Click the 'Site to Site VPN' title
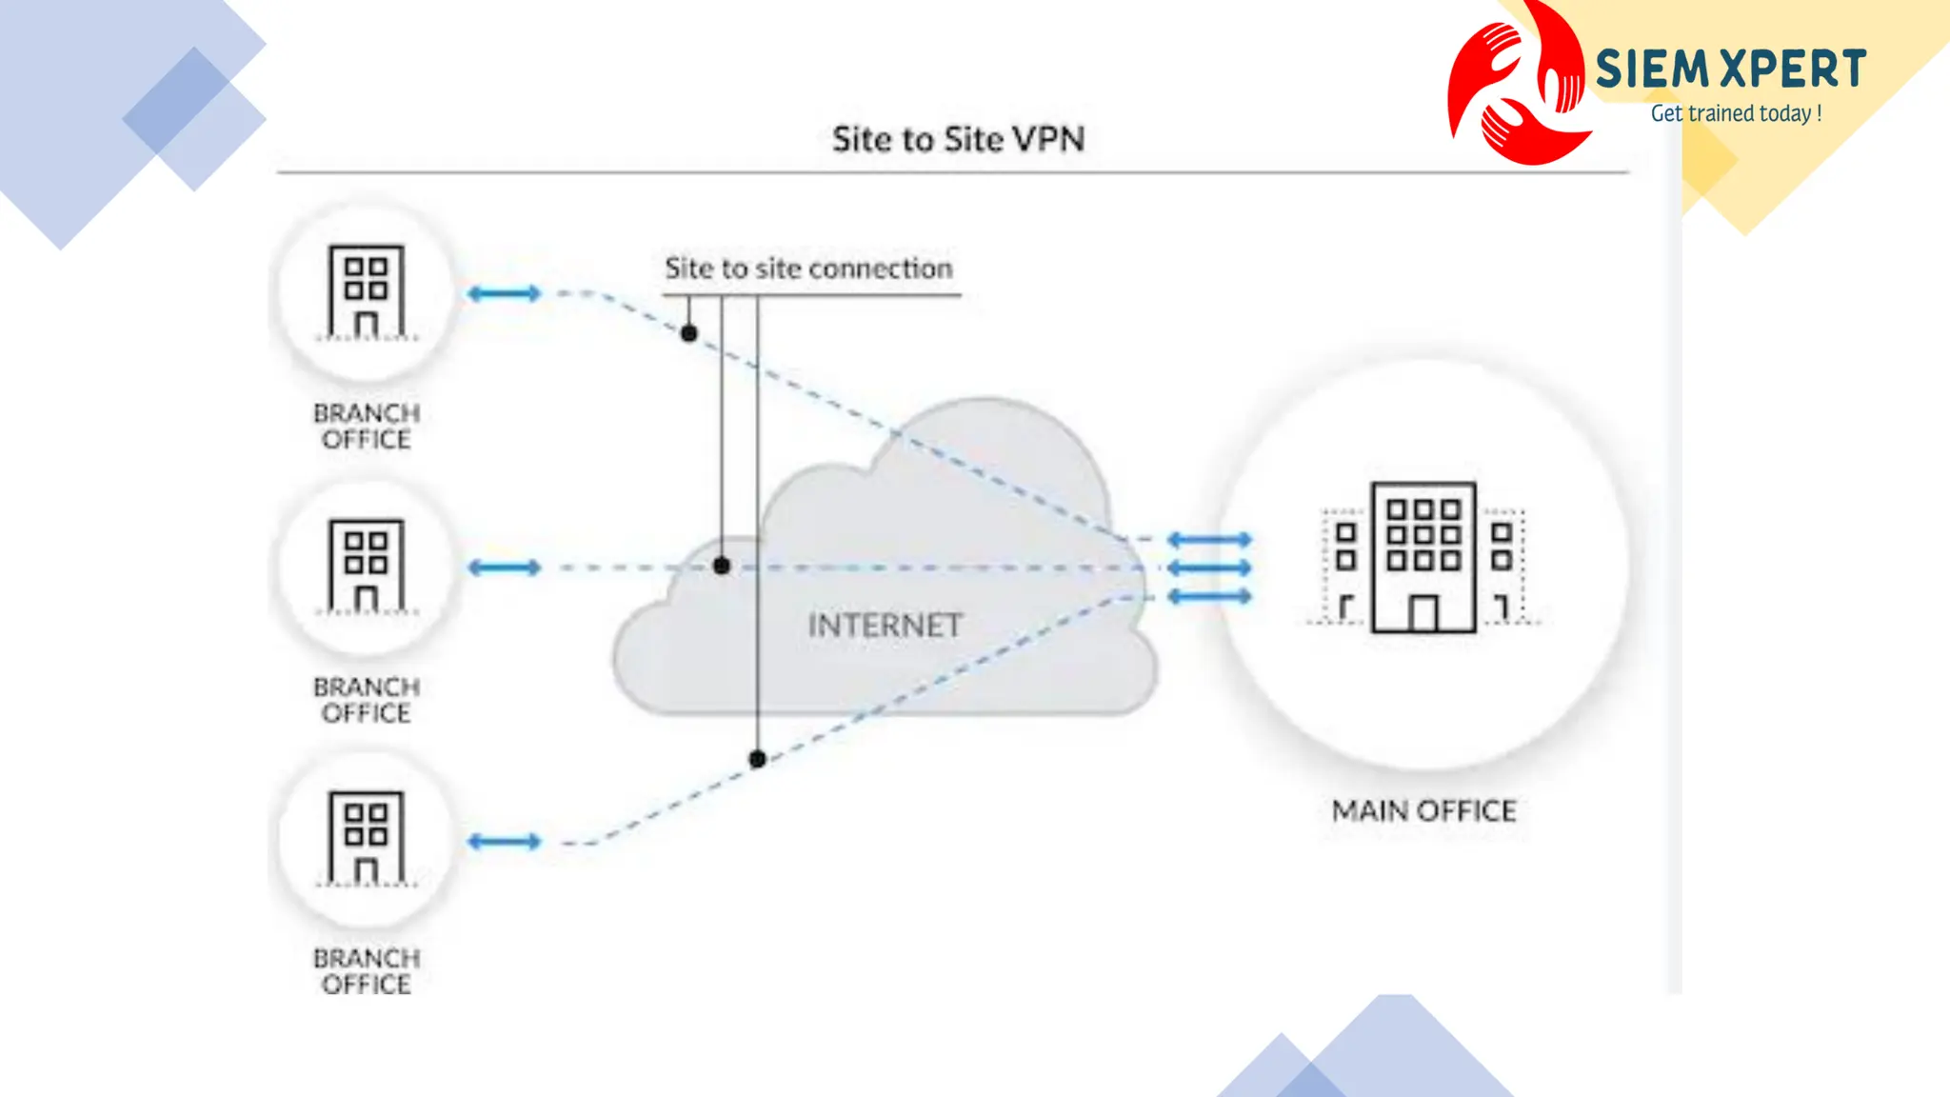[x=958, y=139]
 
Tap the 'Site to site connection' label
[x=808, y=269]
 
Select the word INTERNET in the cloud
[x=885, y=626]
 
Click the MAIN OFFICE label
[x=1423, y=810]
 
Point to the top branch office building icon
[x=367, y=291]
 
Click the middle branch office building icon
[x=367, y=566]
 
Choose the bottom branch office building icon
[x=367, y=838]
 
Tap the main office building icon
[x=1423, y=558]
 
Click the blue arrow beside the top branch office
[x=504, y=293]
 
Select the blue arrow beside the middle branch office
[x=504, y=568]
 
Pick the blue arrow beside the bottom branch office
[x=504, y=841]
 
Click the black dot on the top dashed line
[x=689, y=333]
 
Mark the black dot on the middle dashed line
[x=722, y=567]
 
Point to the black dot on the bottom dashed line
[x=757, y=759]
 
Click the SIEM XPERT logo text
[x=1730, y=70]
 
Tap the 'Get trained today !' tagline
[x=1736, y=113]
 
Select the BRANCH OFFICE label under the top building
[x=367, y=426]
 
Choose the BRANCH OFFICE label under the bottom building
[x=367, y=970]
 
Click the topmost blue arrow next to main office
[x=1209, y=539]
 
